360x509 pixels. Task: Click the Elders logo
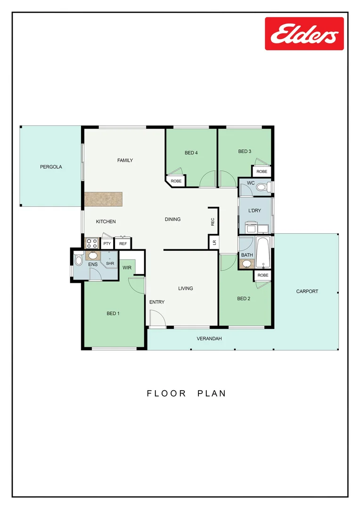tap(304, 33)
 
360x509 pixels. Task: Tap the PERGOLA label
tap(51, 167)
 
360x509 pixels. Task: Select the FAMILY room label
tap(125, 160)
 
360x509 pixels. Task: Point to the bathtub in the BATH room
tap(263, 253)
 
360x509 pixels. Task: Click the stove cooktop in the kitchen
tap(91, 244)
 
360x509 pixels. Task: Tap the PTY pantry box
tap(107, 244)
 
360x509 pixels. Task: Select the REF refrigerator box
tap(123, 244)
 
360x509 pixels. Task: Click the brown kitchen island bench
tap(103, 199)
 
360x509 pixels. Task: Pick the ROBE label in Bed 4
tap(176, 181)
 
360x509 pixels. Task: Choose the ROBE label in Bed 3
tap(262, 172)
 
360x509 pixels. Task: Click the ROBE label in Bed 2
tap(263, 275)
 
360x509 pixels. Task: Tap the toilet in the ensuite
tap(79, 260)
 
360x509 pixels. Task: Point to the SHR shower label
tap(110, 263)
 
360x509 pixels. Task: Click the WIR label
tap(127, 268)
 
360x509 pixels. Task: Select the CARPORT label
tap(307, 291)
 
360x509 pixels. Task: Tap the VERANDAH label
tap(209, 338)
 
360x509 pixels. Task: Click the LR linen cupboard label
tap(214, 242)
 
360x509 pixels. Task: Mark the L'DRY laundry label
tap(254, 211)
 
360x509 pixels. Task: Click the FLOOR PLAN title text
tap(187, 393)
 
